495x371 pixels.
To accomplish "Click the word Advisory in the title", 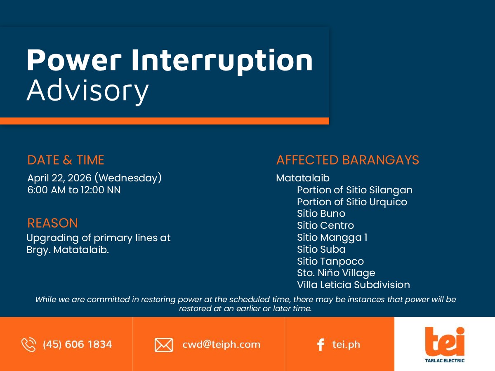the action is (88, 91).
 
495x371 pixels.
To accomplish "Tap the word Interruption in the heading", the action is (222, 61).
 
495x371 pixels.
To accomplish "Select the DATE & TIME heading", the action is (66, 160).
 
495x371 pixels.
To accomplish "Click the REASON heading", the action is (52, 223).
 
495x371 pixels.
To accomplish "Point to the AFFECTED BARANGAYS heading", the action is (348, 160).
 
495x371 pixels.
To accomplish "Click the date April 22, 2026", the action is (59, 178).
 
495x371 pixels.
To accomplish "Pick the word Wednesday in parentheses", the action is (128, 178).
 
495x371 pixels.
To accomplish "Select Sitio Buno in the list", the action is (321, 214).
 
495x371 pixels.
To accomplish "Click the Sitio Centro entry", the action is (325, 225).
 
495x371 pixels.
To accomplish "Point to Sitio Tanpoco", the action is (330, 261).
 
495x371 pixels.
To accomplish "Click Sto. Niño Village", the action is (336, 273).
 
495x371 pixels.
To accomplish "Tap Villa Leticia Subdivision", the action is (354, 285).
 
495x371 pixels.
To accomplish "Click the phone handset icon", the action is (29, 345).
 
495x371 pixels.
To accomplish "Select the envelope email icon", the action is (164, 345).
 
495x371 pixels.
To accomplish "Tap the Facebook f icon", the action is (321, 345).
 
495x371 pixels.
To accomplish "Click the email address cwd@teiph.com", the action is (221, 345).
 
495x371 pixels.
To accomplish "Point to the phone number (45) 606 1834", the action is (78, 345).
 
